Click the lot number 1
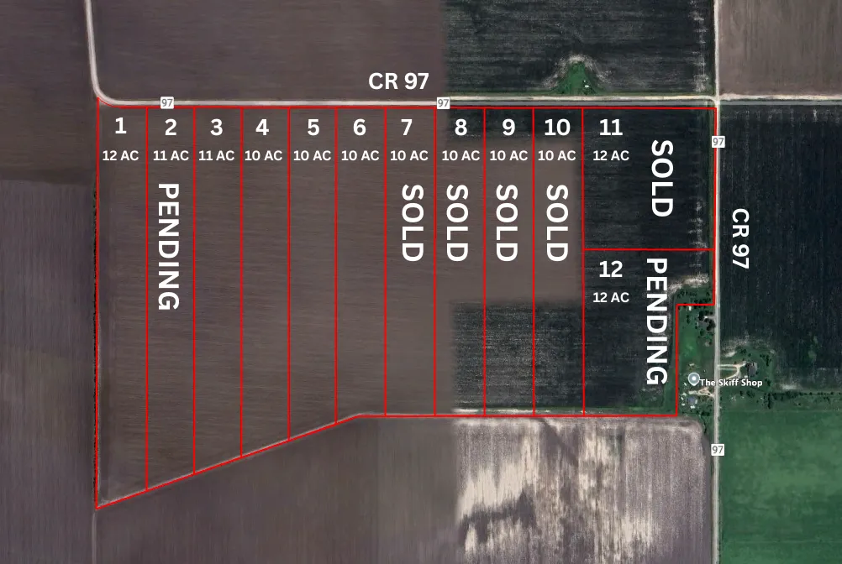tap(120, 127)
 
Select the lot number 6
tap(360, 128)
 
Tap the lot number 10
tap(557, 128)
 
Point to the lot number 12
tap(611, 270)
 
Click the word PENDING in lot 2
tap(170, 246)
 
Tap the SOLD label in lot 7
tap(411, 222)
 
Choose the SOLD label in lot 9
tap(506, 222)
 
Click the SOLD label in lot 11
tap(662, 178)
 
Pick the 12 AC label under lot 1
tap(120, 155)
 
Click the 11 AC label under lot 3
tap(216, 155)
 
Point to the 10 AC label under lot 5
tap(313, 155)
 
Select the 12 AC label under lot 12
tap(611, 297)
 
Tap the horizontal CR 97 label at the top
tap(398, 81)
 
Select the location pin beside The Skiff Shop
tap(692, 379)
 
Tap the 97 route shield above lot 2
tap(167, 102)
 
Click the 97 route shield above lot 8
tap(442, 103)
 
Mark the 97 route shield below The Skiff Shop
tap(717, 450)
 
